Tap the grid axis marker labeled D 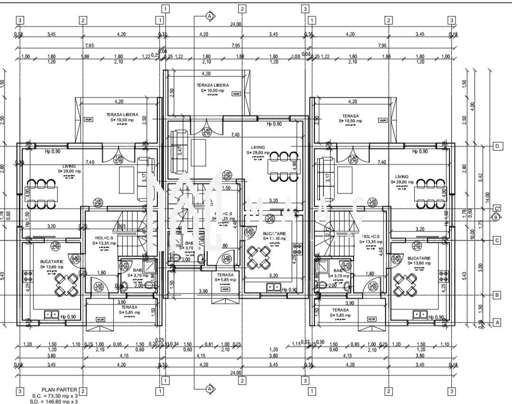[497, 146]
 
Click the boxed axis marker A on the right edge [497, 322]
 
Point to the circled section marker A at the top [209, 16]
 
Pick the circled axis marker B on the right [496, 217]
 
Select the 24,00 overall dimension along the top [236, 24]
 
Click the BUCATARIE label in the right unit [419, 259]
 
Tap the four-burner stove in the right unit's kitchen [444, 277]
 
